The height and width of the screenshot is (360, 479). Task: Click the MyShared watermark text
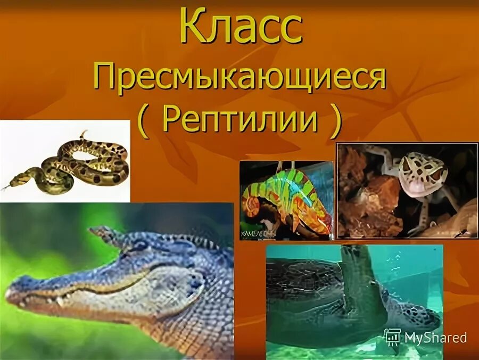pyautogui.click(x=435, y=337)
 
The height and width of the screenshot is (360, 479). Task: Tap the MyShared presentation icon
pyautogui.click(x=392, y=337)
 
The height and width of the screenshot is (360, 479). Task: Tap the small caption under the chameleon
pyautogui.click(x=259, y=233)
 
